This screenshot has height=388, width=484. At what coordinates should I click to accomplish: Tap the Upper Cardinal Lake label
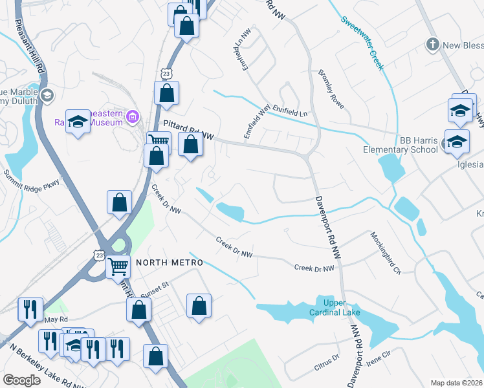[338, 308]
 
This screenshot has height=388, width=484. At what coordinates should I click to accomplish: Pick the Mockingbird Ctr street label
[386, 253]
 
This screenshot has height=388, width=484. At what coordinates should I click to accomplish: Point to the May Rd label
[56, 319]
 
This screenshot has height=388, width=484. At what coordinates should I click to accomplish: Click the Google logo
[21, 380]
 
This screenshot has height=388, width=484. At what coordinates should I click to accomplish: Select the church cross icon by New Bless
[433, 45]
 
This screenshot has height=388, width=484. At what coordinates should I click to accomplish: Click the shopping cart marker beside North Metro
[118, 266]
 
